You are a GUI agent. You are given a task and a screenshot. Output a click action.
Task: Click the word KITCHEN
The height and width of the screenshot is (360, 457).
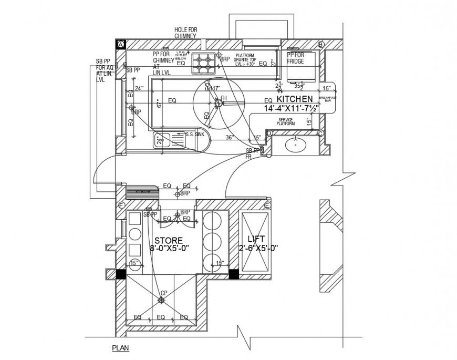click(x=295, y=99)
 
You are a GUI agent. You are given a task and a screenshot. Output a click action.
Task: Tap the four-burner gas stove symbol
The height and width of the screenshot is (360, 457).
click(x=203, y=64)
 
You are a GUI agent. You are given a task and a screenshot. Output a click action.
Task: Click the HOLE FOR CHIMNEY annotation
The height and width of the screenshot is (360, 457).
click(x=185, y=33)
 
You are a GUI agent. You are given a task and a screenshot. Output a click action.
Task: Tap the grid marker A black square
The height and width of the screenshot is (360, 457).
click(x=120, y=44)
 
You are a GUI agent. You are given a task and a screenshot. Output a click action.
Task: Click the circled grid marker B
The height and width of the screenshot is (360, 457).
click(x=321, y=44)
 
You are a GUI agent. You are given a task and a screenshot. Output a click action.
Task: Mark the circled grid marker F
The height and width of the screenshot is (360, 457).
click(x=121, y=205)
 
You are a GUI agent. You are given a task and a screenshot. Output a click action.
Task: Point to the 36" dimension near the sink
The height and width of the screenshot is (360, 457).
click(x=229, y=138)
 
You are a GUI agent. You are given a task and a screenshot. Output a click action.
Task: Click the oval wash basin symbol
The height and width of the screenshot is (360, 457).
click(x=295, y=143)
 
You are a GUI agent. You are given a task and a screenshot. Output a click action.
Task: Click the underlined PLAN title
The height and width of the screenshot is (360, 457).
click(x=120, y=347)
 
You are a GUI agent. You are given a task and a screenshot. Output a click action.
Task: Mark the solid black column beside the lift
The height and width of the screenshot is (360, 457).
click(x=234, y=274)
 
